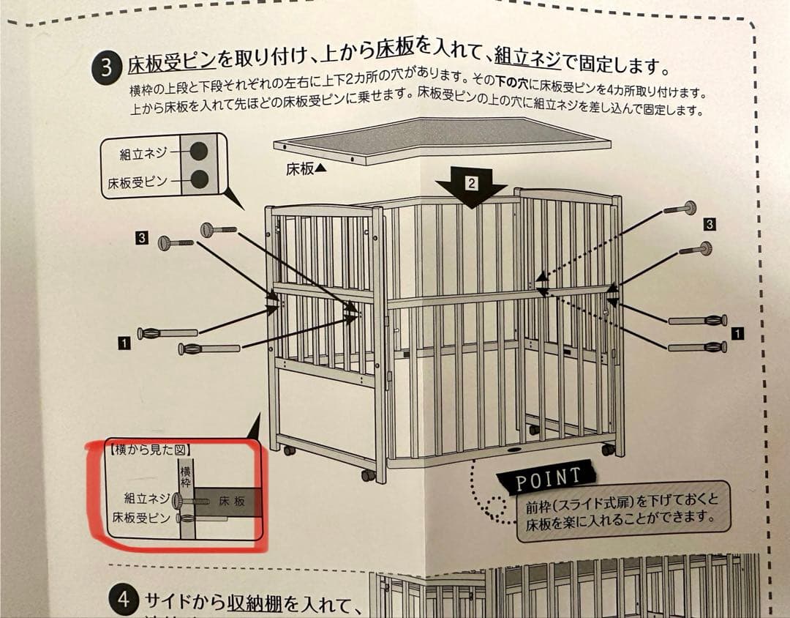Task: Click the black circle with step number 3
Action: [106, 68]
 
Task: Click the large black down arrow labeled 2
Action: [471, 186]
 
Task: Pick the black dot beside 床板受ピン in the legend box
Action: [198, 179]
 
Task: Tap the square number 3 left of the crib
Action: [142, 237]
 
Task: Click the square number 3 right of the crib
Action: [710, 223]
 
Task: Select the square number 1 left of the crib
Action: [124, 341]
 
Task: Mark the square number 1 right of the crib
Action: [737, 334]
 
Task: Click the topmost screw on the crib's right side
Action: [680, 209]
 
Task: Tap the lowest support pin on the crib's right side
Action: [698, 346]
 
